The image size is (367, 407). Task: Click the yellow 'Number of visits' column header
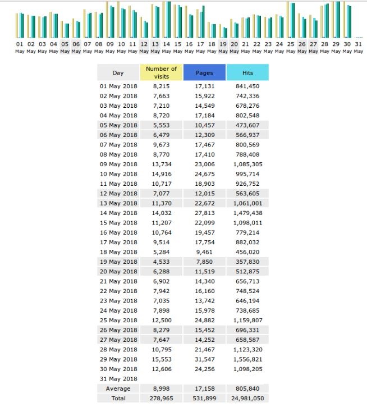[x=161, y=72]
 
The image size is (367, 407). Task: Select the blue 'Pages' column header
[x=204, y=72]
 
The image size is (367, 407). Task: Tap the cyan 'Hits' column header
[x=247, y=72]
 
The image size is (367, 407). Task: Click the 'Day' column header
[x=118, y=72]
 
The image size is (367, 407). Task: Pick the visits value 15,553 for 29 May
[x=162, y=359]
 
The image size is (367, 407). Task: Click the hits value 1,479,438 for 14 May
[x=247, y=213]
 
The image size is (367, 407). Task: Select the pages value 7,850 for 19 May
[x=204, y=262]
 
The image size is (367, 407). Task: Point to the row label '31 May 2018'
[x=118, y=379]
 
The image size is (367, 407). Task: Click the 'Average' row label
[x=118, y=388]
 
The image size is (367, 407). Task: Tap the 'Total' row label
[x=118, y=399]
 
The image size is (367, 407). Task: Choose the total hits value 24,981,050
[x=247, y=399]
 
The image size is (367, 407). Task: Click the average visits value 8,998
[x=162, y=388]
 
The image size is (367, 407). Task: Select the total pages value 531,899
[x=204, y=399]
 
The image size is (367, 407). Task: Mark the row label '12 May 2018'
[x=118, y=194]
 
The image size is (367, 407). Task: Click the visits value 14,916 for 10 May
[x=162, y=174]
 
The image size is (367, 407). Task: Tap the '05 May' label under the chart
[x=65, y=47]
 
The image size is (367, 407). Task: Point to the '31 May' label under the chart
[x=359, y=47]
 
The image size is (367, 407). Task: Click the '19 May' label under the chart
[x=223, y=47]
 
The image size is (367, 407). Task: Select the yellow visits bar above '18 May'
[x=209, y=30]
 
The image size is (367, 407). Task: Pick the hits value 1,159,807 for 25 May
[x=247, y=321]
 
